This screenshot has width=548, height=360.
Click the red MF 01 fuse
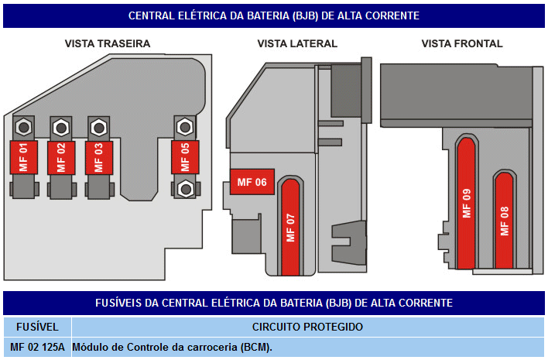24,157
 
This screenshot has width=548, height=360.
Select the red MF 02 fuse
61,158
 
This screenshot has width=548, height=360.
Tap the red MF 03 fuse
99,158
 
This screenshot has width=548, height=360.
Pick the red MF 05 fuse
185,157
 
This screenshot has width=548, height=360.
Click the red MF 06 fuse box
252,182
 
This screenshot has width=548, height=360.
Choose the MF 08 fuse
504,221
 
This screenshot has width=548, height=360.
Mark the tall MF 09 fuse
466,204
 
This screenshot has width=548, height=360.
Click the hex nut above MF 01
24,127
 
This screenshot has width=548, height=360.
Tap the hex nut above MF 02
61,128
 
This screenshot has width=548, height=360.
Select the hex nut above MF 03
99,128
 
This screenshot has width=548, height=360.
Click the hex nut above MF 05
185,127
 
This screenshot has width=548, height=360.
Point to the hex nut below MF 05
186,189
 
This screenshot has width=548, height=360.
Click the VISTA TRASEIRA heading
108,43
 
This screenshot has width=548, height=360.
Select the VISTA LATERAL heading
297,43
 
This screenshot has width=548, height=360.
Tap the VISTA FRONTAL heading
462,43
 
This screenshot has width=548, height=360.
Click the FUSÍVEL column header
37,327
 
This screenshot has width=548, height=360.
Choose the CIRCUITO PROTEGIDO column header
307,327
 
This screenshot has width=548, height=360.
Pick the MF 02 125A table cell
37,347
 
